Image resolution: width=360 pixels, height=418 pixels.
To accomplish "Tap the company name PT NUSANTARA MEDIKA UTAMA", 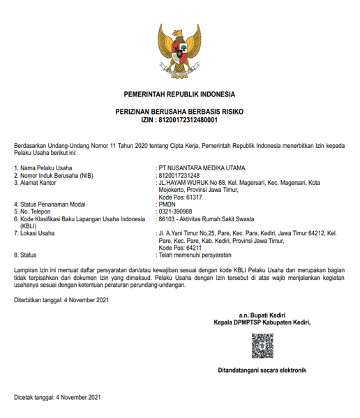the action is (203, 167).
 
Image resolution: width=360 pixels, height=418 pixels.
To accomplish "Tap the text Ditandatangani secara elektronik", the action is (262, 370).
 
